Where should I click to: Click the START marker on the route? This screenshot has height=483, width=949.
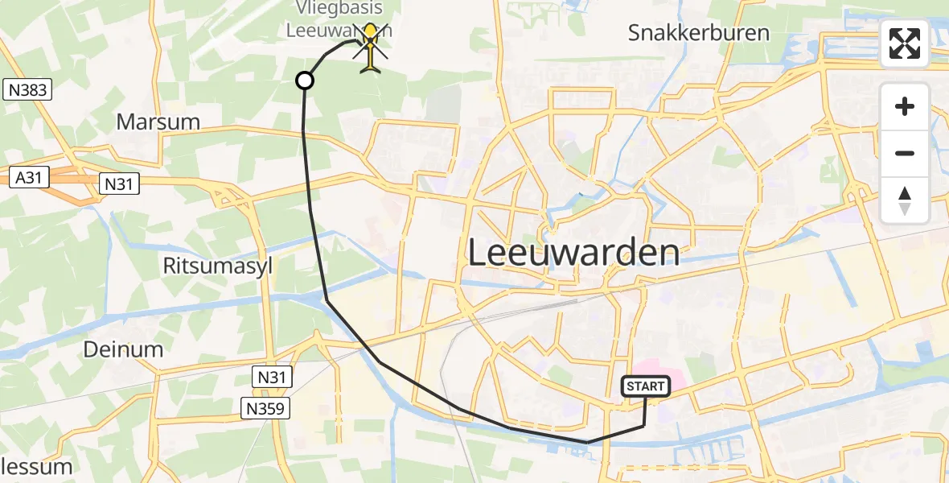(645, 387)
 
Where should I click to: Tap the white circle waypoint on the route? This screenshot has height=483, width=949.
(305, 80)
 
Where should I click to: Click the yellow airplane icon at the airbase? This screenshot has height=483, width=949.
(370, 48)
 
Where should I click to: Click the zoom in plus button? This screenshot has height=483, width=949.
(905, 106)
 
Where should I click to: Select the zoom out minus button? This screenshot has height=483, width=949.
(905, 153)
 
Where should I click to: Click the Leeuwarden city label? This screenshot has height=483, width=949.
(573, 253)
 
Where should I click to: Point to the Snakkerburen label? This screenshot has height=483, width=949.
(699, 33)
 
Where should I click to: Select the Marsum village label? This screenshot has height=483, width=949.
(158, 122)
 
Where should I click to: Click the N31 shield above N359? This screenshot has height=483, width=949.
(272, 376)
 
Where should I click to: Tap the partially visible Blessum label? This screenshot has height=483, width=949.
(36, 467)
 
